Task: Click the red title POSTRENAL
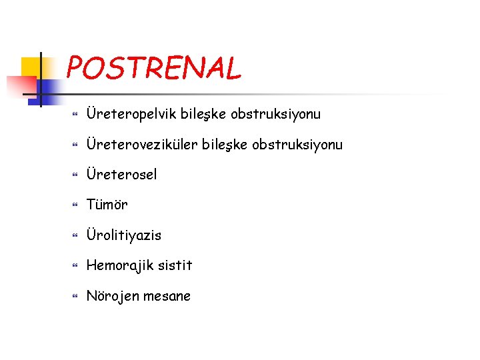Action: click(154, 67)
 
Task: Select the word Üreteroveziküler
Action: click(140, 145)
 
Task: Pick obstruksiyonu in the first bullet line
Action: click(275, 114)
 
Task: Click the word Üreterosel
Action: click(122, 175)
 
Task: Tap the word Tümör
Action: click(107, 205)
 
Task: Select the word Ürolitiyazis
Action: click(124, 235)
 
